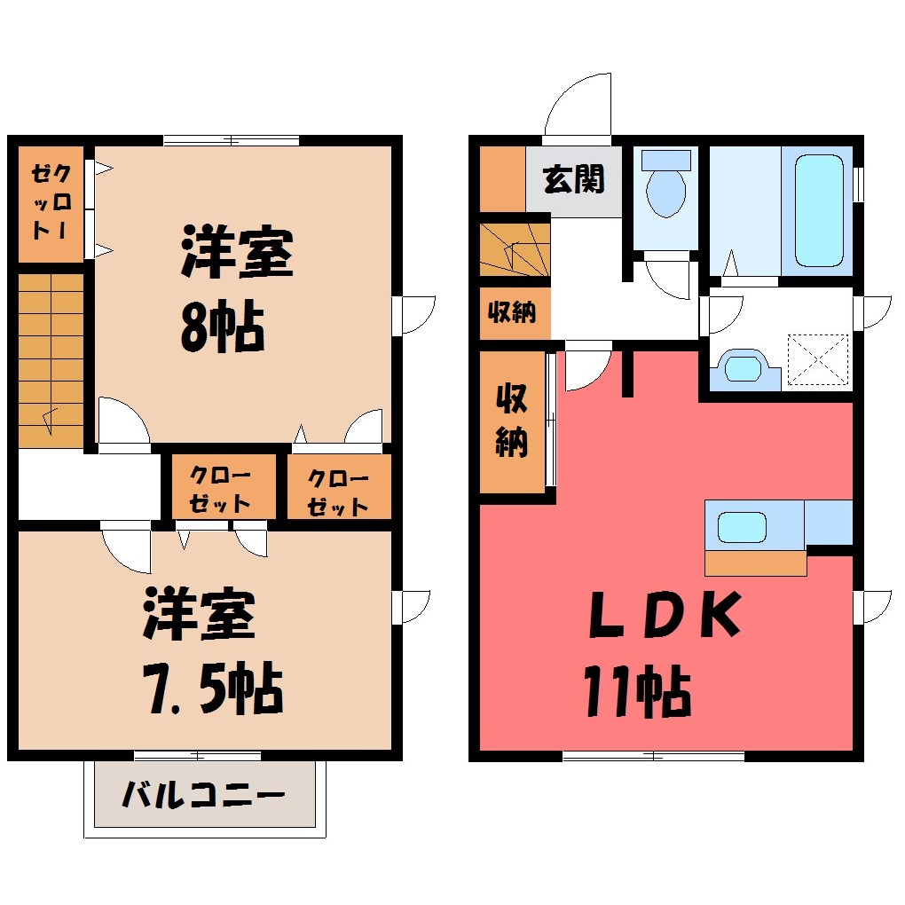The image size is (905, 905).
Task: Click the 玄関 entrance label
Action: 573,179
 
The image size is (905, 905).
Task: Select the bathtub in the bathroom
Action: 819,210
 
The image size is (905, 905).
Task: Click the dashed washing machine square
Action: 818,359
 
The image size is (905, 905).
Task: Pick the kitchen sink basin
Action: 742,528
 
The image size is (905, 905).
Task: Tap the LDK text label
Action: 665,614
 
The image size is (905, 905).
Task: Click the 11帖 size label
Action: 638,691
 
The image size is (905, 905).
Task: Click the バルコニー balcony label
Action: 203,795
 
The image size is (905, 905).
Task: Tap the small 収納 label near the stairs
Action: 512,312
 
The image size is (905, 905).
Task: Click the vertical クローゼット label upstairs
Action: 51,201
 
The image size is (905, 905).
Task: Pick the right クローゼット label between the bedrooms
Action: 338,492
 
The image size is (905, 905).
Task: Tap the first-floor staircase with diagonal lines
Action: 515,248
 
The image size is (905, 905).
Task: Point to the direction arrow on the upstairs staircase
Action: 50,421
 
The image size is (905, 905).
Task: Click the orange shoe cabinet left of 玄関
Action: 503,179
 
